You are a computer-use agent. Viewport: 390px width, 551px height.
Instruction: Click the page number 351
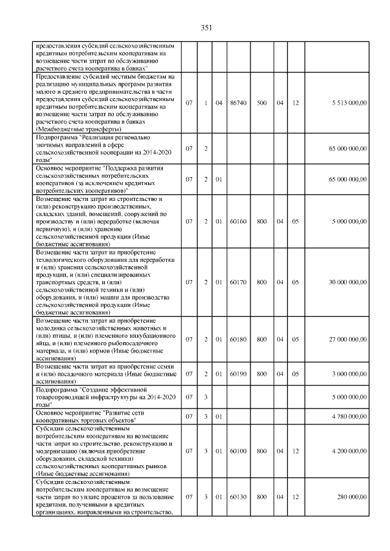tap(206, 27)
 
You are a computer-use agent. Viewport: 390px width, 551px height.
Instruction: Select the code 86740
tap(237, 104)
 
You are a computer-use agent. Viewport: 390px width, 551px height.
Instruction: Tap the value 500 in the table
tap(261, 104)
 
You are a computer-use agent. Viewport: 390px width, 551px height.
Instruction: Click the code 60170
tap(237, 282)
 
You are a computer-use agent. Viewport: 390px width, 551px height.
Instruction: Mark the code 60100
tap(237, 451)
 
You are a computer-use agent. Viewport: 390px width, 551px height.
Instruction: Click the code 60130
tap(237, 497)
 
